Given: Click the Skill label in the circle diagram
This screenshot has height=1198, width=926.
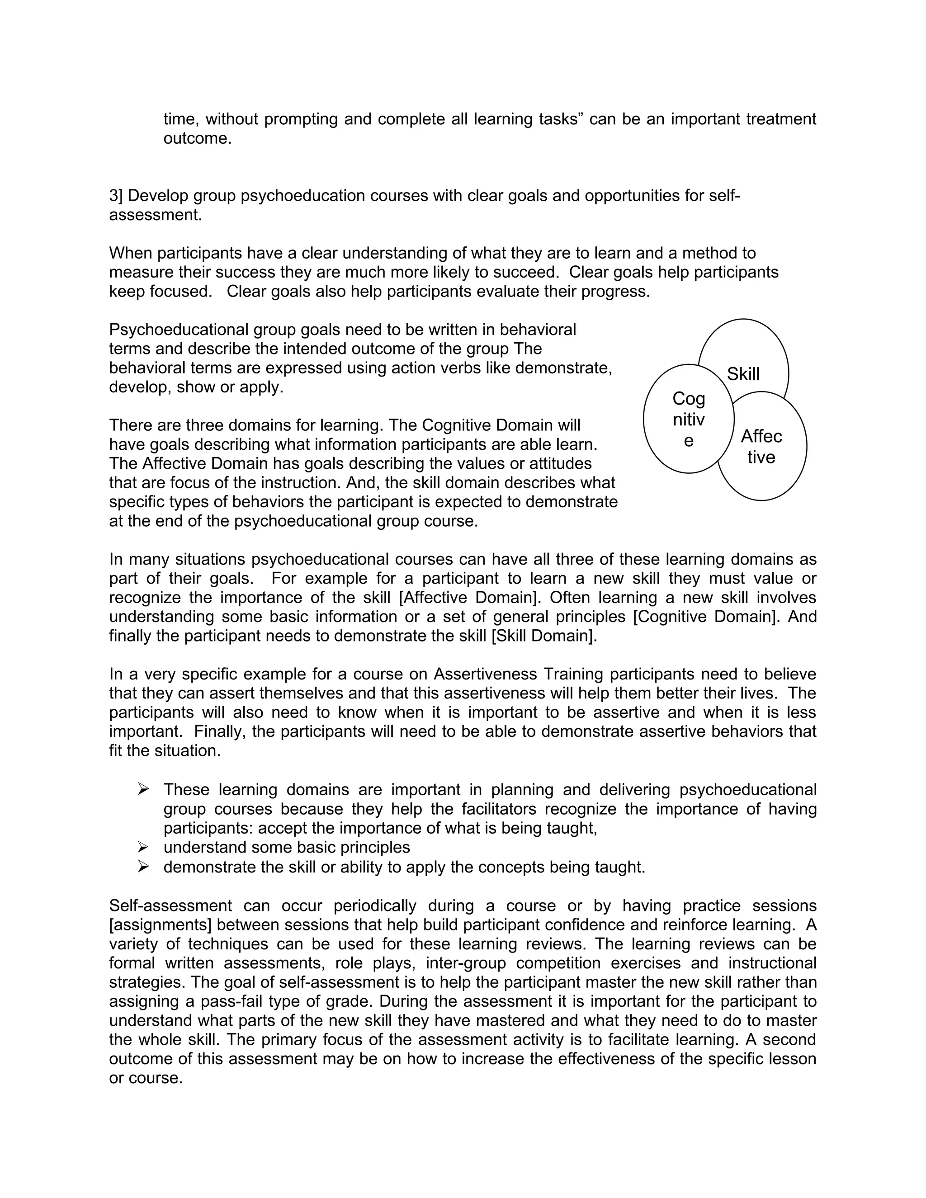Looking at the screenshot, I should point(743,374).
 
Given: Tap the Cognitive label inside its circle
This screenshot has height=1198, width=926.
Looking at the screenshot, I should point(689,420).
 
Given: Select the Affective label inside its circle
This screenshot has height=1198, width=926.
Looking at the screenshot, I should point(761,447).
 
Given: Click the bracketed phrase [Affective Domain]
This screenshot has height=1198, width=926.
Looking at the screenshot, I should point(468,597).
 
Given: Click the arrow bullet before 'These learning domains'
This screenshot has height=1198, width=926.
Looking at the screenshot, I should point(143,789).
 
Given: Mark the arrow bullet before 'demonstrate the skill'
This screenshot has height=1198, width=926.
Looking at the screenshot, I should point(143,867).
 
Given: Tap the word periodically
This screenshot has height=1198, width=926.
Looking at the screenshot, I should point(375,906).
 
